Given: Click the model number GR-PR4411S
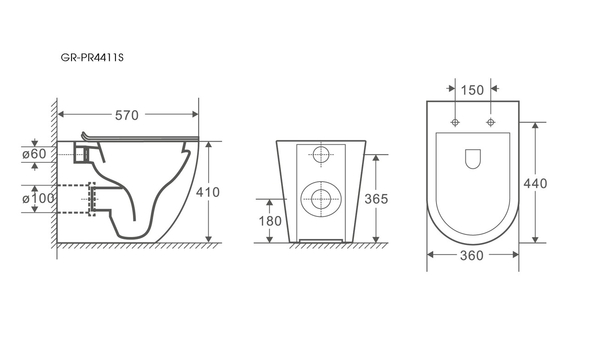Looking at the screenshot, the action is tap(92, 57).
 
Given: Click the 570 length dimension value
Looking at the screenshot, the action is tap(127, 116).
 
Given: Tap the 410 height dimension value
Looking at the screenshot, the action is tap(208, 192).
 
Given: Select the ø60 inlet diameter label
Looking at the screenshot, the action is tap(34, 154).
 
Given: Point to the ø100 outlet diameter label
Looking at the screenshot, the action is tap(38, 199).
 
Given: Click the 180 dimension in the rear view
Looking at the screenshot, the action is tap(270, 221).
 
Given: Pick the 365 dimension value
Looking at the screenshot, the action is tap(376, 199).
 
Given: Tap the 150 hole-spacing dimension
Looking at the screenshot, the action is tap(472, 90).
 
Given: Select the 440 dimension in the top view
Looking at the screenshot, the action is tap(535, 183).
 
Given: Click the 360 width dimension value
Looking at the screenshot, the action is tap(472, 256).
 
